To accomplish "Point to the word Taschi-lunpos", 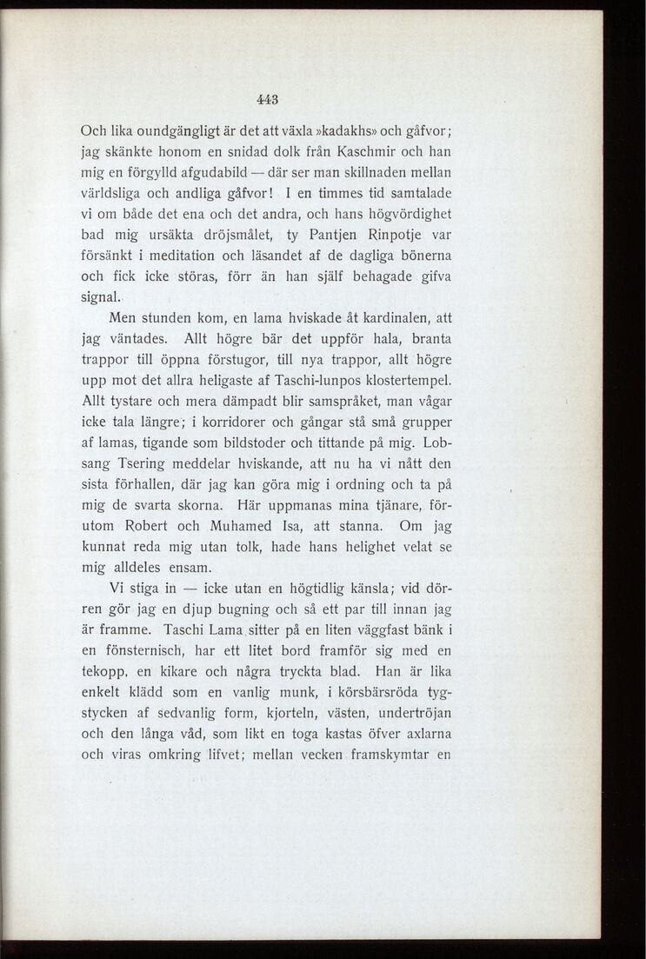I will [x=338, y=382].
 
